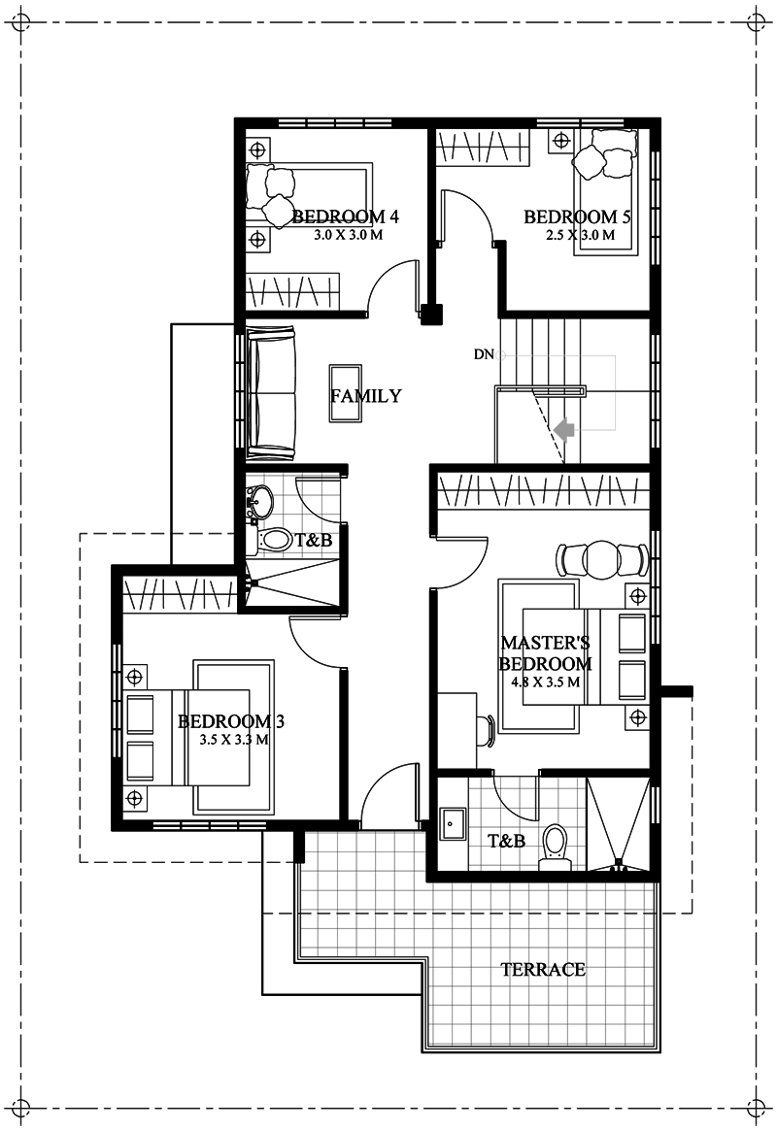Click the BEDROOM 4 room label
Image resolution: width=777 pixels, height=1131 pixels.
point(346,216)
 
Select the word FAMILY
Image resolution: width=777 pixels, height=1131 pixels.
point(366,395)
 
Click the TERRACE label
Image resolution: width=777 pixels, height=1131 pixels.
point(543,969)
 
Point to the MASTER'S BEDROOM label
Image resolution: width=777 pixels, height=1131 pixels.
point(546,652)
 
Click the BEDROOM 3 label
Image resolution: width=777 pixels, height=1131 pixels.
point(231,720)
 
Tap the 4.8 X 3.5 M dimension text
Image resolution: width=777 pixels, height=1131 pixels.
point(546,682)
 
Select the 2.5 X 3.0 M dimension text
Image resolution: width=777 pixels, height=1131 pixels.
point(580,235)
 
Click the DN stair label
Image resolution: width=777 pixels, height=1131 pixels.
point(484,354)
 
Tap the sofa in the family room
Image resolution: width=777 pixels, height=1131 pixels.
point(271,393)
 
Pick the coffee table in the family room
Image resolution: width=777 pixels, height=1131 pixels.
point(346,393)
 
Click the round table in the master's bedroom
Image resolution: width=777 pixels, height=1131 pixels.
point(601,559)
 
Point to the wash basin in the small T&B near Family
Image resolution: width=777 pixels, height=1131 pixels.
point(259,501)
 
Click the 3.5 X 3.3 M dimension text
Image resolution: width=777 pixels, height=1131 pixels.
point(234,740)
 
